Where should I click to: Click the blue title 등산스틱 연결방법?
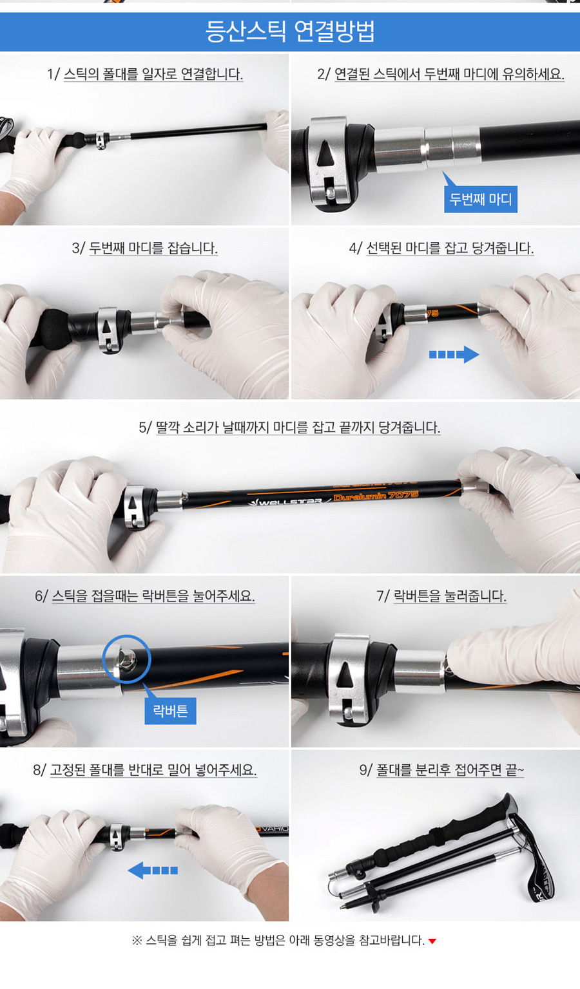(290, 32)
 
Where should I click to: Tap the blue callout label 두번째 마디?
(481, 199)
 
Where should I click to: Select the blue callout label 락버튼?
(170, 710)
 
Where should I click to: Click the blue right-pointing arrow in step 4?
(454, 354)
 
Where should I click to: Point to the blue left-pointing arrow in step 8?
(153, 871)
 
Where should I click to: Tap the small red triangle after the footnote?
(432, 941)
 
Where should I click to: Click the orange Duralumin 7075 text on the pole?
(376, 496)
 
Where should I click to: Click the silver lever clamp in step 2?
(329, 161)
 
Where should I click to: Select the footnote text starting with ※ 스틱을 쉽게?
(279, 941)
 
